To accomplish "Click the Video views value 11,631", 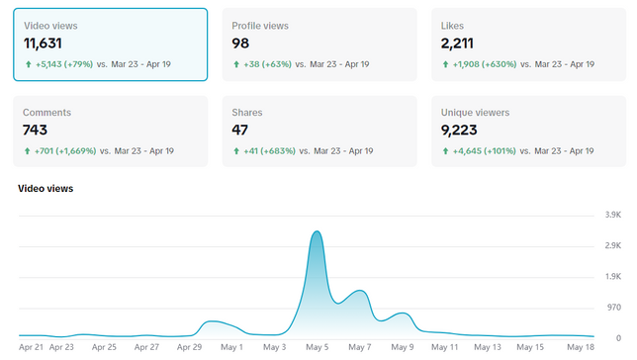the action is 43,44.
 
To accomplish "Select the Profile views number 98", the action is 240,44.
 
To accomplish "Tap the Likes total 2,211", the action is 457,44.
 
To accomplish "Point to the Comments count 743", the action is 35,130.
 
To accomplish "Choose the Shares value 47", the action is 239,130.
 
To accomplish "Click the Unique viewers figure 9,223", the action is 459,130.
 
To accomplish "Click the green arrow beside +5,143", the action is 29,64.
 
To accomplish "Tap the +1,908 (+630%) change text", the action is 485,64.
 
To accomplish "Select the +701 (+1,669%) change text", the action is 65,151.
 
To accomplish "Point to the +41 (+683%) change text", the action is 269,151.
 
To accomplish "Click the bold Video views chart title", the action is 45,189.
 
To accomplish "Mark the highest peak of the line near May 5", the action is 317,231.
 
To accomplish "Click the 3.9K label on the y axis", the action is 613,215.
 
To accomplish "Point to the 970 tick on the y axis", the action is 614,308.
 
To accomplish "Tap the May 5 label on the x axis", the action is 317,347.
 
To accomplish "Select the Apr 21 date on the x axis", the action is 31,347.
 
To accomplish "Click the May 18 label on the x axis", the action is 581,347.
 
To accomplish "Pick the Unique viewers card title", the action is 476,113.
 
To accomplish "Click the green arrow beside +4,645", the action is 446,151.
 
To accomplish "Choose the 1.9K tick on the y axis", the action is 613,277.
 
